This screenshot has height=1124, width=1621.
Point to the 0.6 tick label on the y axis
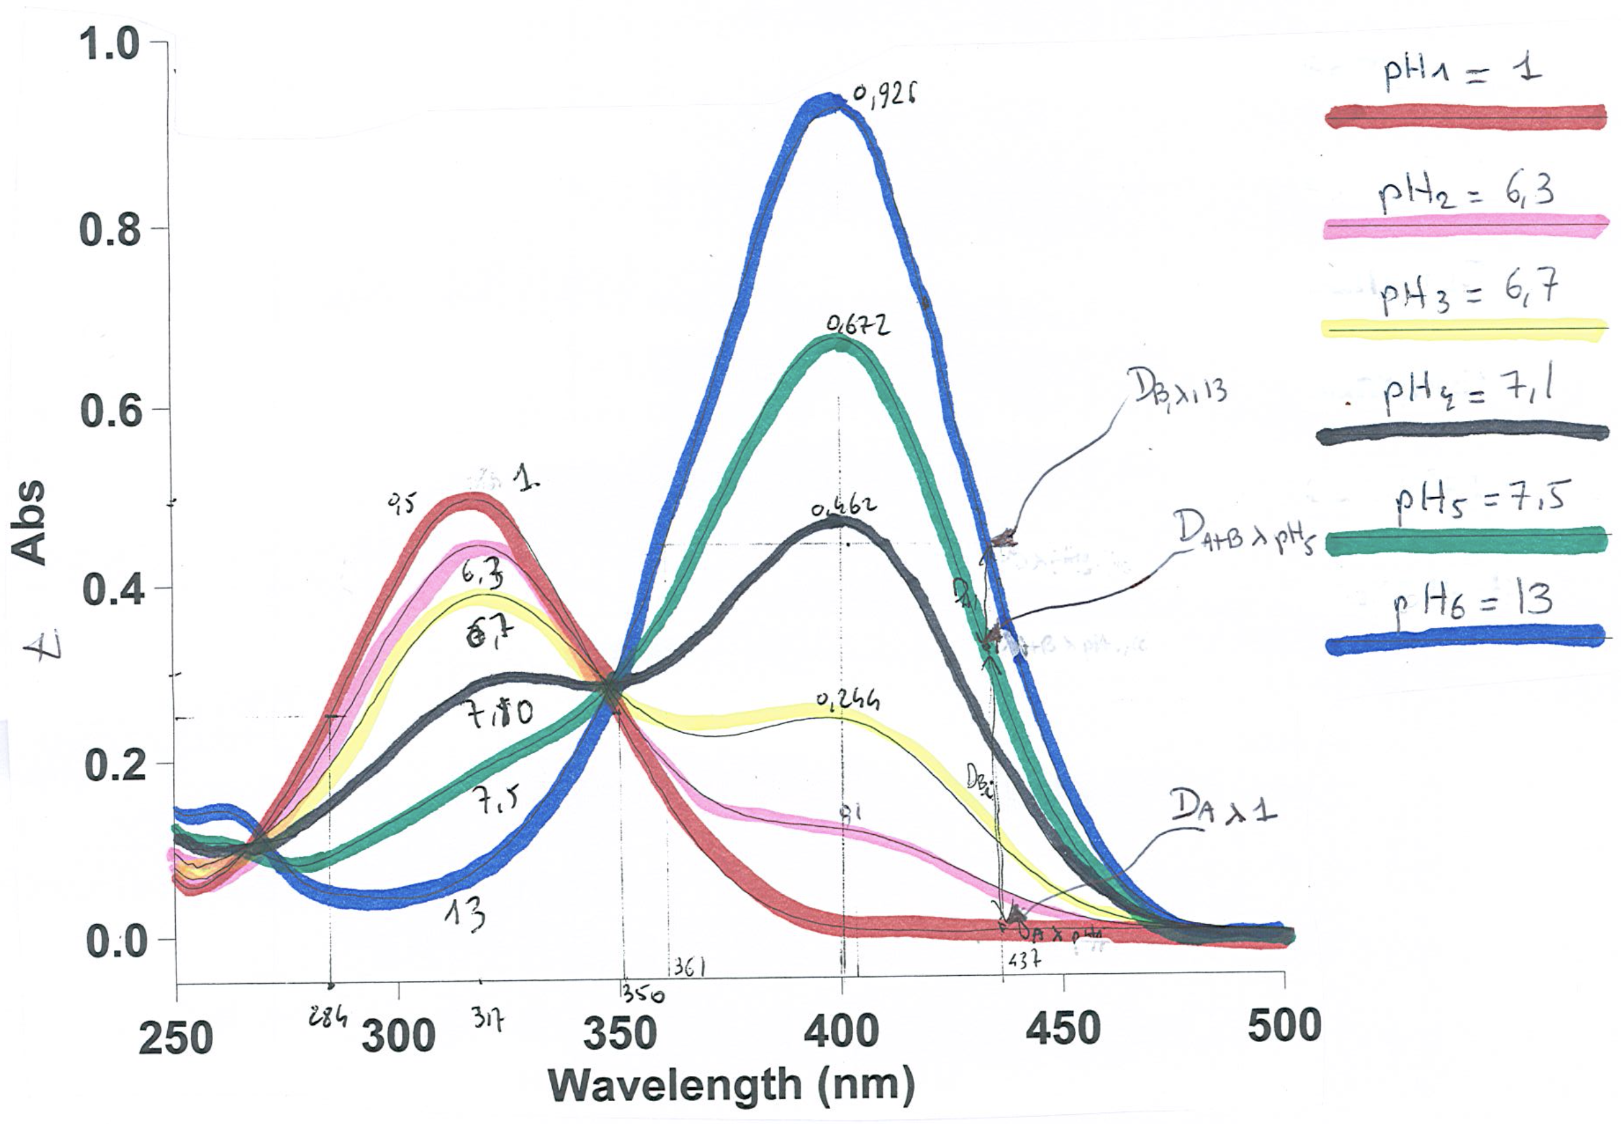coord(111,411)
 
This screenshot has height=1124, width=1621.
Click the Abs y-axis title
coord(30,522)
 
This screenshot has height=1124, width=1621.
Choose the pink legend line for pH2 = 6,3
coord(1465,226)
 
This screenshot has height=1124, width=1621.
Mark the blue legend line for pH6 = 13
coord(1465,639)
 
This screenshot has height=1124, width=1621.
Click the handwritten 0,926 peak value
coord(884,96)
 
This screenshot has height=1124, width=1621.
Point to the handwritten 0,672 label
coord(858,325)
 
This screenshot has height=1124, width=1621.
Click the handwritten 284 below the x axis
coord(327,1016)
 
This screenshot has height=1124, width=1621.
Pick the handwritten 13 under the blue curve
coord(465,913)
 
